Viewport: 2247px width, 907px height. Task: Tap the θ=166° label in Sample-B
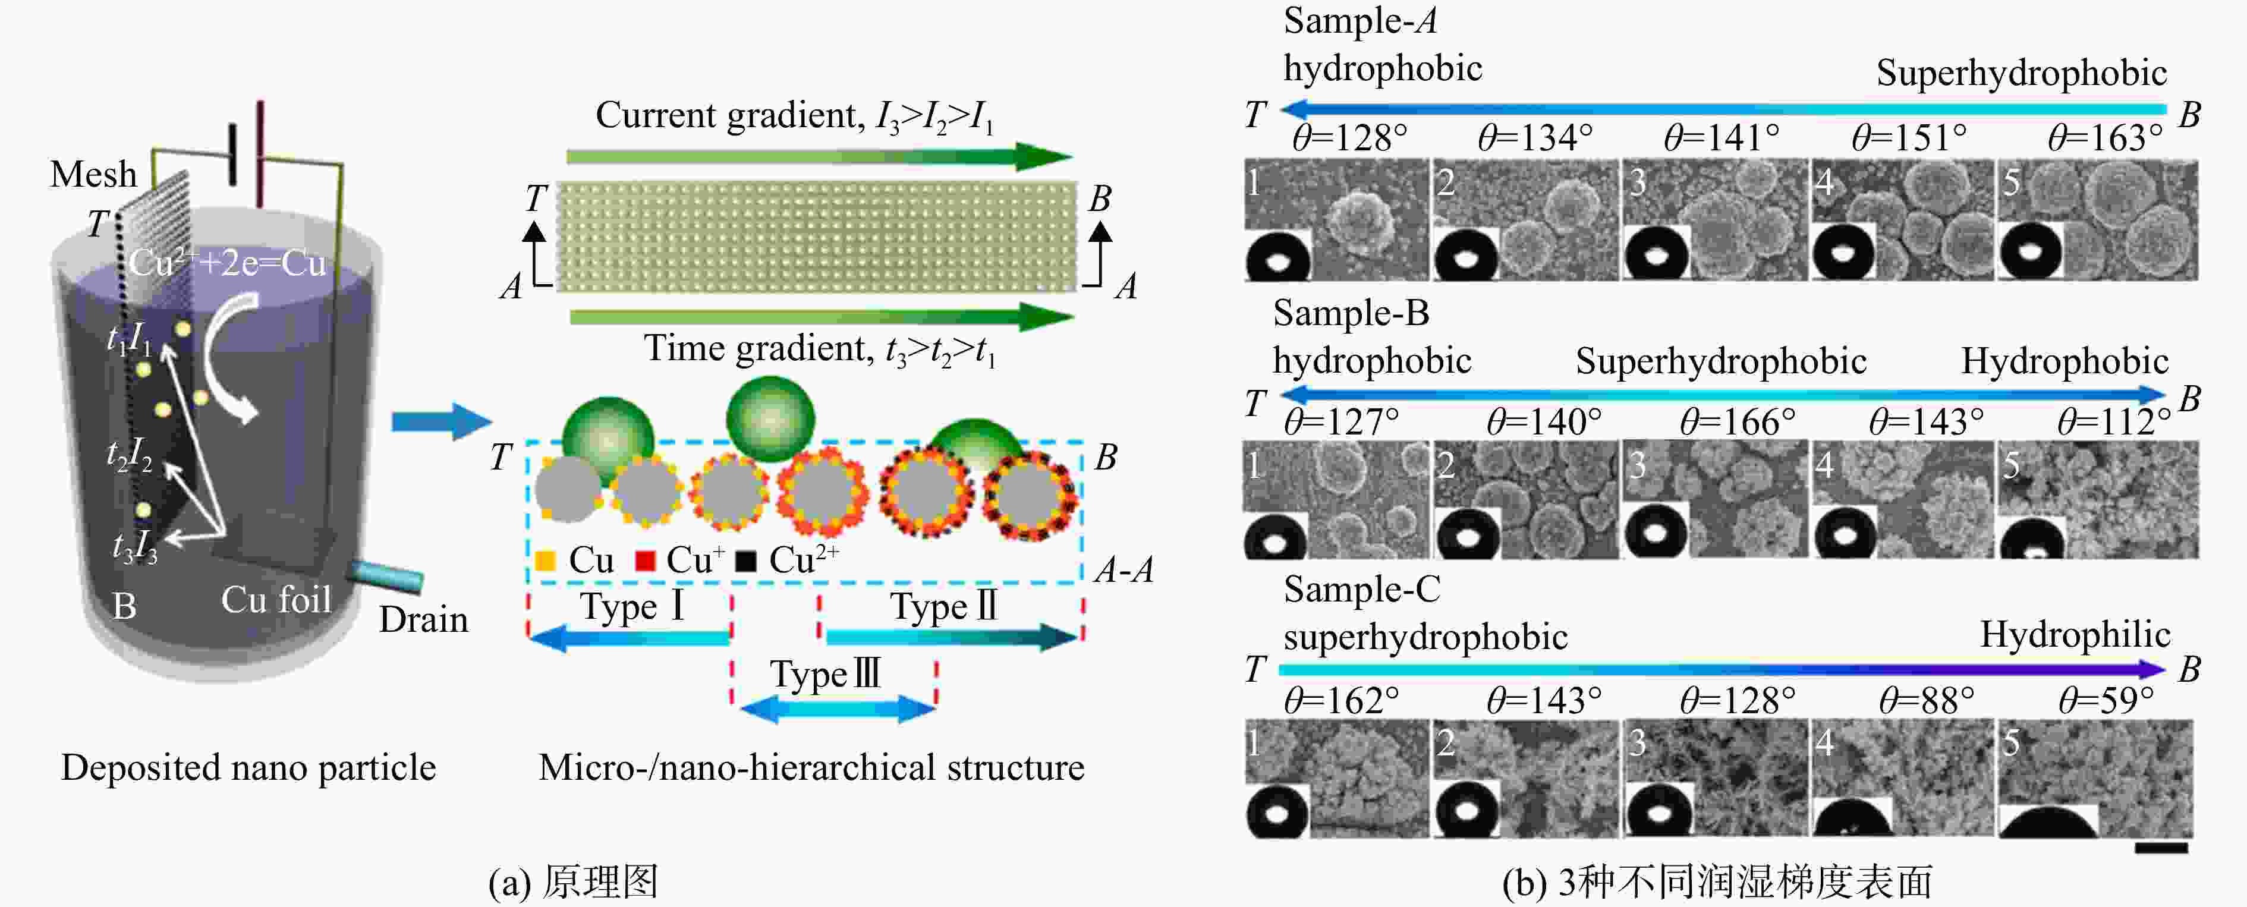1738,422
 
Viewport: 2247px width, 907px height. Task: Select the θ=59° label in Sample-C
2106,700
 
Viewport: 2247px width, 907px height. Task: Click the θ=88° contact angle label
1926,700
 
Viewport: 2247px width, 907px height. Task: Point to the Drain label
423,619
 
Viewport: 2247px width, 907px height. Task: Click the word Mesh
93,174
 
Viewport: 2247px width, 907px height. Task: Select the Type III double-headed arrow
838,709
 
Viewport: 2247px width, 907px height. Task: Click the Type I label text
632,606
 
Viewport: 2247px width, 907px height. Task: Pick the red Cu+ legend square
644,560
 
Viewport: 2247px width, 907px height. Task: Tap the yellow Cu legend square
545,560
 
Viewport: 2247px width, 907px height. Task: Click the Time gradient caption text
819,349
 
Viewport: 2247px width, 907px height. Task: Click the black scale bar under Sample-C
2161,848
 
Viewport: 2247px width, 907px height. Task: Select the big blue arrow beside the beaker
441,422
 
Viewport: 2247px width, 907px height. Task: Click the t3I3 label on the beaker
134,546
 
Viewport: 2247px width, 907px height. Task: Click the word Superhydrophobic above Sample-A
2021,73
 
